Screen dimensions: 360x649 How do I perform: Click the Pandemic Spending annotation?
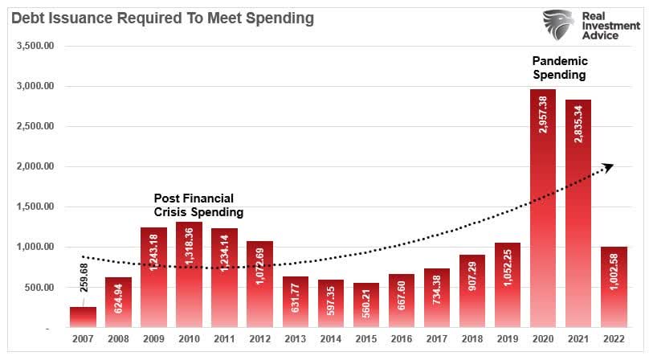pyautogui.click(x=559, y=67)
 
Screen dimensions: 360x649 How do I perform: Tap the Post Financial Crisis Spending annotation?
pyautogui.click(x=198, y=205)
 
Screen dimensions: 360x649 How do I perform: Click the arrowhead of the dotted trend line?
pyautogui.click(x=608, y=166)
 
